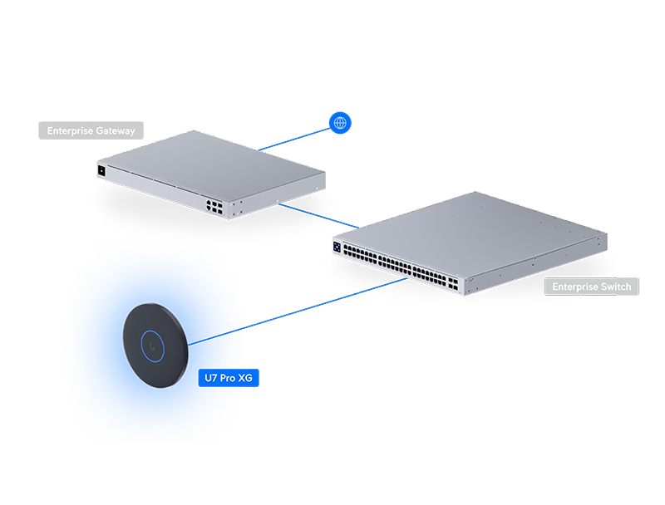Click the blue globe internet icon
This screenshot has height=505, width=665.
pos(339,123)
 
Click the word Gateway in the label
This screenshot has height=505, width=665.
pos(116,130)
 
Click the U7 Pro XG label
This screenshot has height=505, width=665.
pos(228,378)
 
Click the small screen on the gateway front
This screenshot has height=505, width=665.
pos(101,169)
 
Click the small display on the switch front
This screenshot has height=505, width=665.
pos(337,247)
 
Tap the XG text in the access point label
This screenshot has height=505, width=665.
pos(244,378)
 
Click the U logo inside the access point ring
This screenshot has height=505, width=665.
pos(153,341)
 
